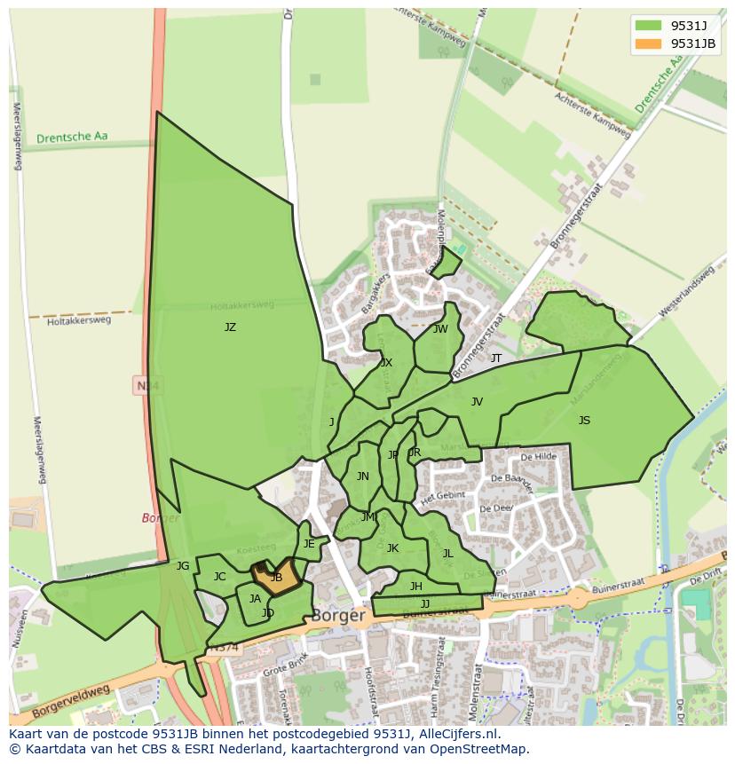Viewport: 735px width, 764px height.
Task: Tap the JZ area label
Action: pos(230,327)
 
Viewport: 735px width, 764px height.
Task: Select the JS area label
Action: pos(584,421)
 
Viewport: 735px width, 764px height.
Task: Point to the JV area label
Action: pos(477,402)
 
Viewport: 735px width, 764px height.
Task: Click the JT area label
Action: pos(496,358)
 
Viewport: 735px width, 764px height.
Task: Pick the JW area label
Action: pos(440,329)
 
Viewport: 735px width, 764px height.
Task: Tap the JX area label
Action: pos(386,363)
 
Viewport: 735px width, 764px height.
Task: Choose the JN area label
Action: pos(362,477)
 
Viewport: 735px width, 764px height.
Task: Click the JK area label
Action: pos(392,548)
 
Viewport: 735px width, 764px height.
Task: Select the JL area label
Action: pos(447,554)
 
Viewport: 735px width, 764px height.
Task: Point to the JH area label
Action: pos(415,587)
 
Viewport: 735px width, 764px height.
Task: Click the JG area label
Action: pos(183,566)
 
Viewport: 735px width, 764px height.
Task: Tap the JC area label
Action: pos(219,577)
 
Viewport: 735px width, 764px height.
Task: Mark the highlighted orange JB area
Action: pos(275,577)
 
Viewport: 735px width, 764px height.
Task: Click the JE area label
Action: pos(309,544)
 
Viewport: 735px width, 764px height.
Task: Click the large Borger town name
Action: pos(338,616)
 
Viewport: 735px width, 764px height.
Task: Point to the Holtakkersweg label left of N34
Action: pos(79,320)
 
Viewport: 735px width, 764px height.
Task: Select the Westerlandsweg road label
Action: pos(687,292)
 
